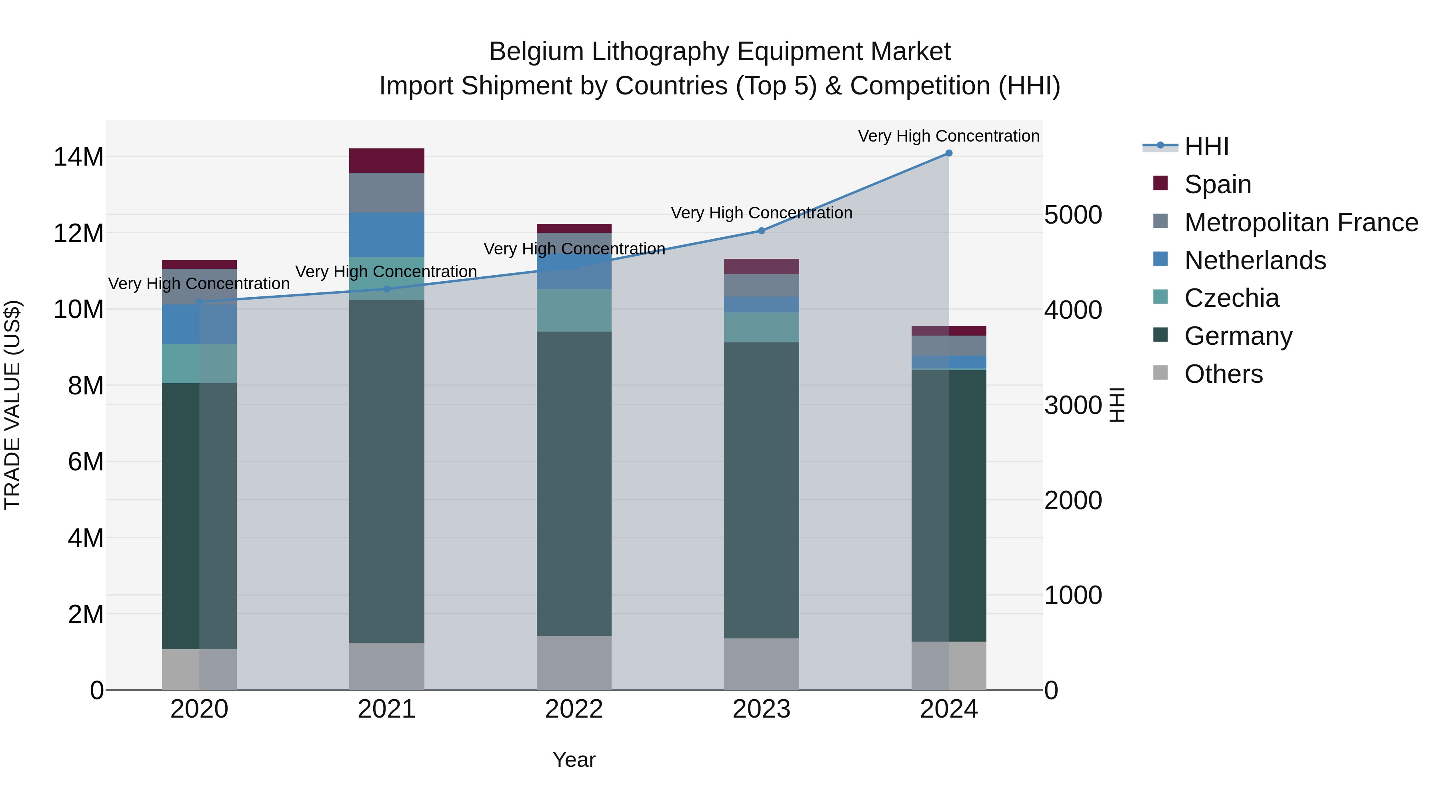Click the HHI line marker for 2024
coord(949,153)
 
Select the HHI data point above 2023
coord(761,230)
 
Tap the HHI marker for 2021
coord(387,289)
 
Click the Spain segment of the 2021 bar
coord(387,160)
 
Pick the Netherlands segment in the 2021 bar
coord(387,235)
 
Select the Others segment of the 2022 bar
coord(574,662)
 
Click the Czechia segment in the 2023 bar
coord(761,327)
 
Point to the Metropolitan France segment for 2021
coord(387,192)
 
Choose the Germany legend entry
coord(1238,336)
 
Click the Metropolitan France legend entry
coord(1301,222)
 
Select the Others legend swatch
coord(1160,373)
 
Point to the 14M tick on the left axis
coord(78,157)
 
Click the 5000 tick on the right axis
coord(1073,215)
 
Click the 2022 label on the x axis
coord(574,709)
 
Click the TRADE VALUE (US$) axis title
coord(12,405)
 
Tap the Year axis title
coord(574,760)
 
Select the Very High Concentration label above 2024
coord(949,136)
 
